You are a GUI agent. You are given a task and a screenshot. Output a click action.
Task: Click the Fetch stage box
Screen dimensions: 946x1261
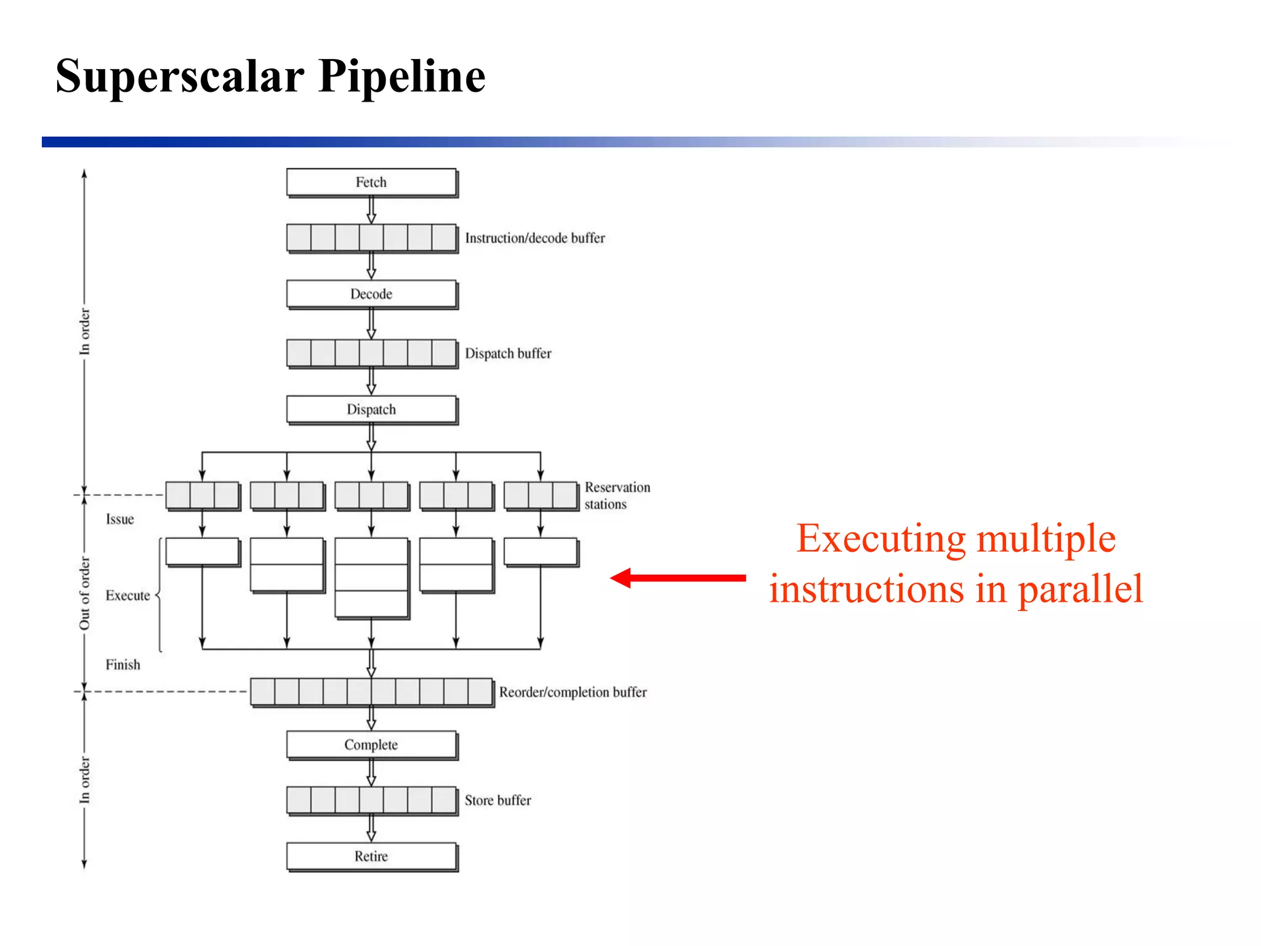click(371, 182)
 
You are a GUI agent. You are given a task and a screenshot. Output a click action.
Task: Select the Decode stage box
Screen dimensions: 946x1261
click(371, 294)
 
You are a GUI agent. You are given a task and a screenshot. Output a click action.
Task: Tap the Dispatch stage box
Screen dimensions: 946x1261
click(371, 410)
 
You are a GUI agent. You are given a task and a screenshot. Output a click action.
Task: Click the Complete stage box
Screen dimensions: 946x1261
click(371, 745)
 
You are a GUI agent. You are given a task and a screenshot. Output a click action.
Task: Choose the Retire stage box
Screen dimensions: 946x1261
click(371, 856)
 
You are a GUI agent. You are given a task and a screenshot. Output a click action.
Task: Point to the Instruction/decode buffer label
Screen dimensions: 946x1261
click(534, 238)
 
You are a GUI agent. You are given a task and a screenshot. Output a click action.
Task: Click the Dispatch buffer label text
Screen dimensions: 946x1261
click(508, 354)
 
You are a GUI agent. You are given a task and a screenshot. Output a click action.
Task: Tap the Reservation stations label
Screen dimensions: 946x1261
click(616, 496)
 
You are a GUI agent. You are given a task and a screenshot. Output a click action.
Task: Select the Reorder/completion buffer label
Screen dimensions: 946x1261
click(573, 692)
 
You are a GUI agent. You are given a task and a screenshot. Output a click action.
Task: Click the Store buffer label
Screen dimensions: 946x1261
click(498, 800)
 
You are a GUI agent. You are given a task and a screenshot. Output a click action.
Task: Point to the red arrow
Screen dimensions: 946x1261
click(677, 578)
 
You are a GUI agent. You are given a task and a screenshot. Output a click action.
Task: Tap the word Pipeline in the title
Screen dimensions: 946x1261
click(401, 76)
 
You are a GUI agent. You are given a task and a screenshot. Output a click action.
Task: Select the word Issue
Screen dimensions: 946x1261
click(119, 519)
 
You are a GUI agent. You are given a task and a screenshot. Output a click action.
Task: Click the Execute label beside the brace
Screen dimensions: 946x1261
click(127, 596)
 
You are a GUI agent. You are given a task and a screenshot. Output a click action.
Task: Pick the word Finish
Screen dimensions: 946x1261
click(123, 665)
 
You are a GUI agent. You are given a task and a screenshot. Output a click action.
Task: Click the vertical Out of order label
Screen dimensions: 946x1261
click(84, 593)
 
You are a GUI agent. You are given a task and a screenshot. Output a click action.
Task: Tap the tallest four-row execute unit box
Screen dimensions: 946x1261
click(371, 578)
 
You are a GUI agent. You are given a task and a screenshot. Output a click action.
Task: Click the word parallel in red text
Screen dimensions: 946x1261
click(1080, 589)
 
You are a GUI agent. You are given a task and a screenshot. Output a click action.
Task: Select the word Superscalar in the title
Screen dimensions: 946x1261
click(180, 76)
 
